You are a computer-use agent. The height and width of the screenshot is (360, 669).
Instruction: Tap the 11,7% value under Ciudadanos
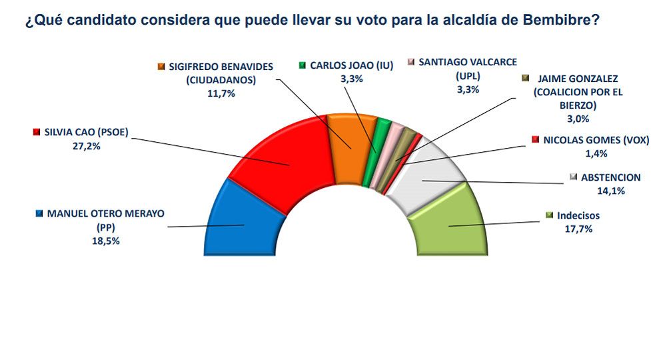point(221,93)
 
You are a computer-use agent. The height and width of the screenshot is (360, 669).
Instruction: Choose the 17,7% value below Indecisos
point(576,229)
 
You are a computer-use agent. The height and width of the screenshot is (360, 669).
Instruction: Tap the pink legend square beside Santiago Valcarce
point(412,63)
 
